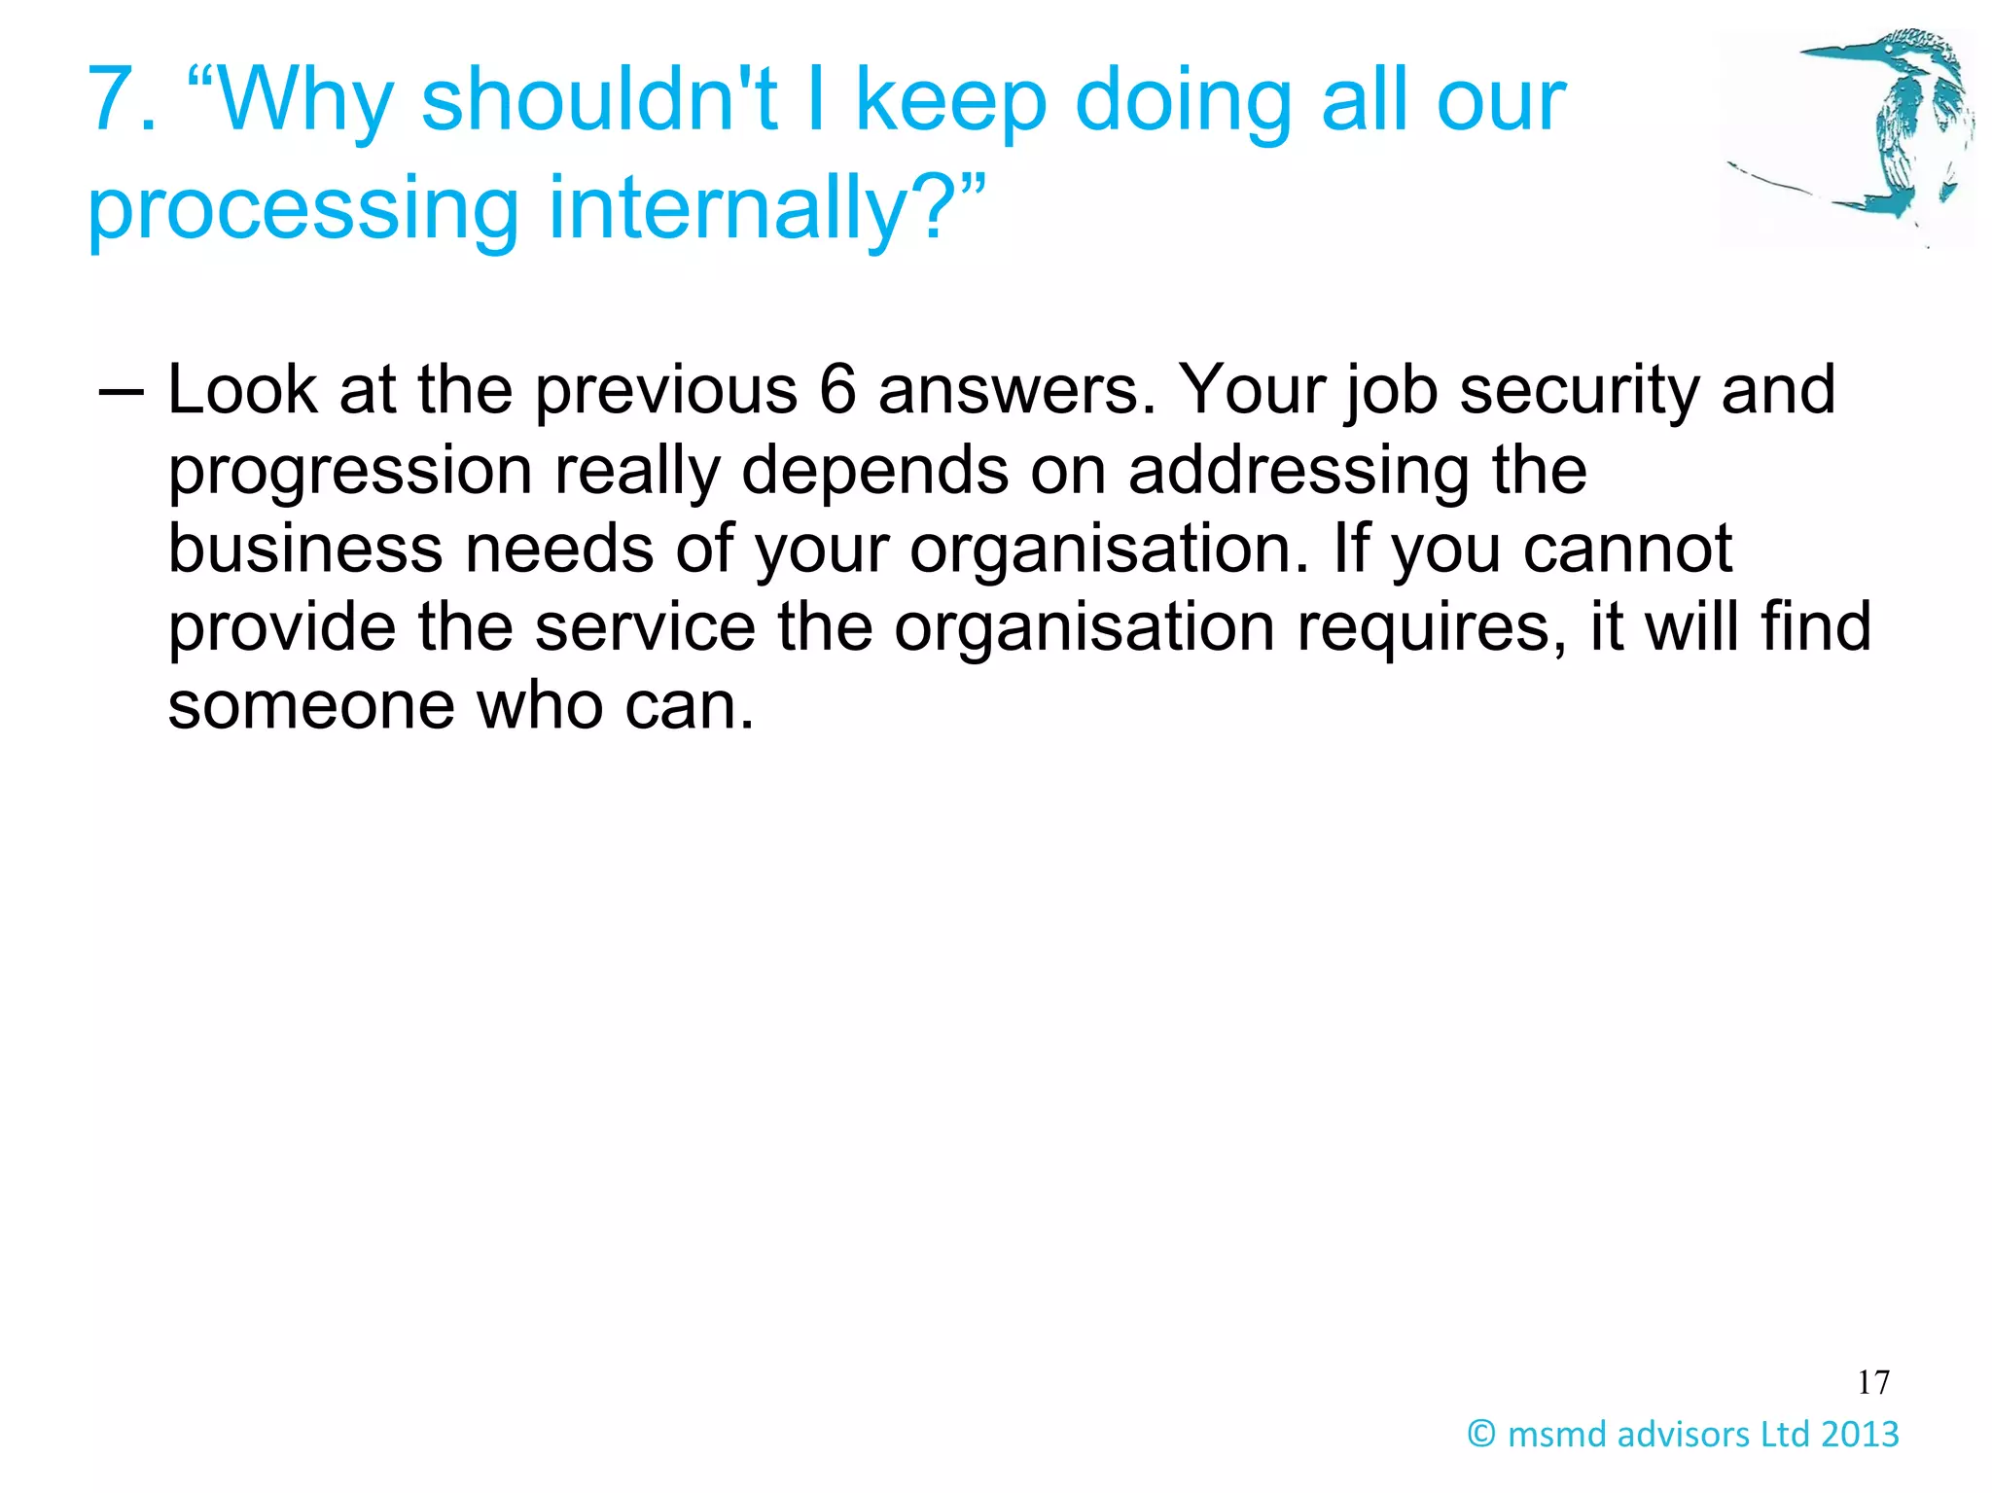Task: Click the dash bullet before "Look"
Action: click(121, 393)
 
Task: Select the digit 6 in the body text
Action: click(836, 390)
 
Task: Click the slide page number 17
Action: click(1872, 1381)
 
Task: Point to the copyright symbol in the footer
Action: click(1480, 1433)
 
